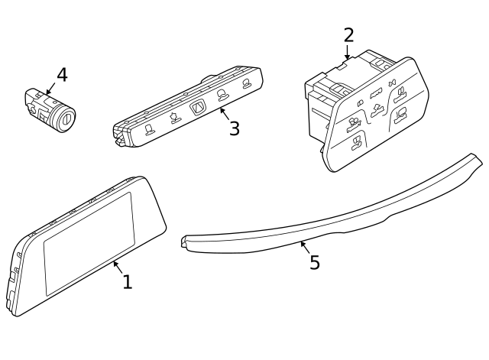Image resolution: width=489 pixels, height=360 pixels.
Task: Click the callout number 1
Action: pos(128,282)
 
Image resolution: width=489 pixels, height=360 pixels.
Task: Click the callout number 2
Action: pos(348,35)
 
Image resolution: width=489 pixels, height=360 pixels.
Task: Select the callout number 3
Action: pos(234,128)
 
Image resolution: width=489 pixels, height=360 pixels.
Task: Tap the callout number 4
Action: pos(62,75)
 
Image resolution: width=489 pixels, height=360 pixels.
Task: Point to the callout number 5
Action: pos(314,263)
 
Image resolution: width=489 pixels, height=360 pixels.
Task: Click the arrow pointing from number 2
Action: pos(348,53)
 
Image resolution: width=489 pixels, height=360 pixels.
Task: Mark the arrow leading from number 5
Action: pos(305,246)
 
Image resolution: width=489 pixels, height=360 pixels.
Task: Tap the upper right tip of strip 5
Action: pos(476,158)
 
